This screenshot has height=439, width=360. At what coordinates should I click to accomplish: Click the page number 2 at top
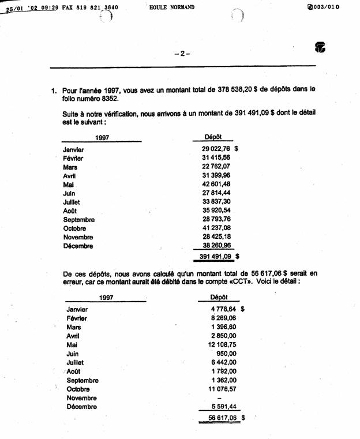(x=182, y=54)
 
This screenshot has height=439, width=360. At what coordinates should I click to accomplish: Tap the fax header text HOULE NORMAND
(x=171, y=7)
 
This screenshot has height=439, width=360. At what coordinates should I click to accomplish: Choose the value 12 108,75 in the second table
(x=217, y=344)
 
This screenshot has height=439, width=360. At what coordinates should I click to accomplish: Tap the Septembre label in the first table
(x=79, y=220)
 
